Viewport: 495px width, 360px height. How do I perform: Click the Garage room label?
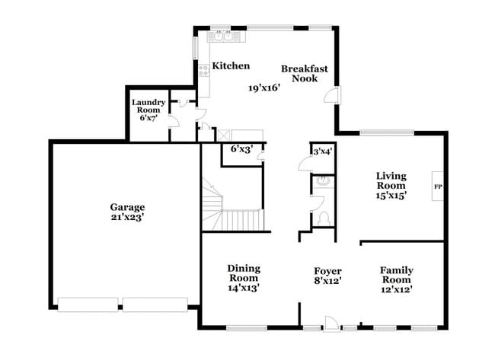[126, 206]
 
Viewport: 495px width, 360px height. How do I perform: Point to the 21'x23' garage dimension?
[126, 217]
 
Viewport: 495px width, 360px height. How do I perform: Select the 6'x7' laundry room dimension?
[148, 118]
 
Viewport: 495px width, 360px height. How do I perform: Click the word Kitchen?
[231, 66]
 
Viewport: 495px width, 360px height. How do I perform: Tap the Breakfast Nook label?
[305, 73]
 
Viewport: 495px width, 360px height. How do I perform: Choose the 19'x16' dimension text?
[264, 88]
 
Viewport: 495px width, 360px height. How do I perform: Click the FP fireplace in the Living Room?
[438, 186]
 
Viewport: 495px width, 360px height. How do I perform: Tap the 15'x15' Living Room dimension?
[391, 196]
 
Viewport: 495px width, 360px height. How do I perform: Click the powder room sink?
[323, 181]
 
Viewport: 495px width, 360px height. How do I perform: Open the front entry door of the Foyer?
[331, 323]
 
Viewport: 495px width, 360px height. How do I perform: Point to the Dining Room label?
[244, 272]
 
